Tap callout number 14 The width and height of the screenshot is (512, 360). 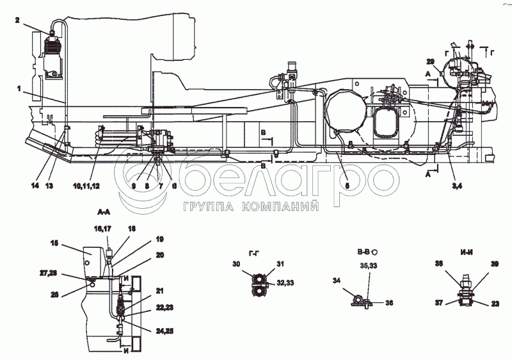tap(35, 185)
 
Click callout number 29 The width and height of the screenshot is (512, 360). tap(430, 61)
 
